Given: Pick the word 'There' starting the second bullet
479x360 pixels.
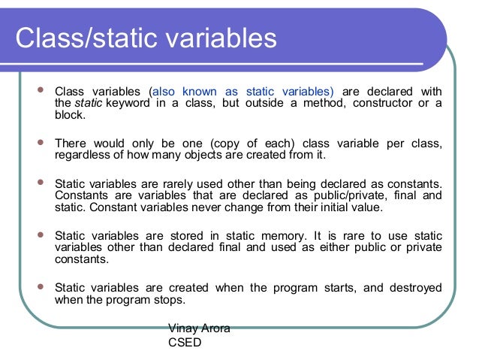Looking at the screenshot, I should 71,144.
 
